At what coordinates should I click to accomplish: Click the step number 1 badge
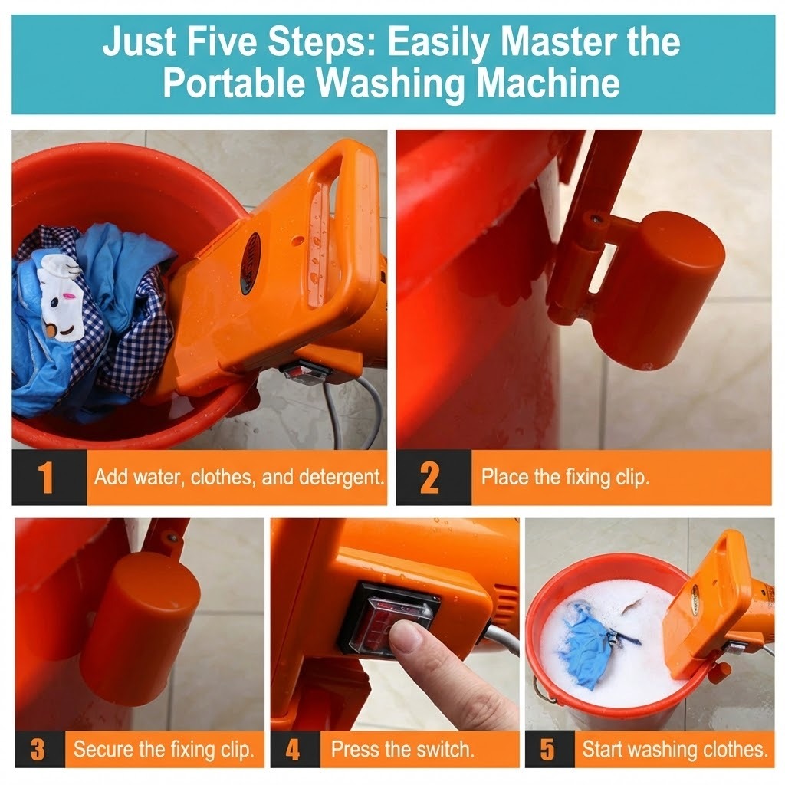(47, 478)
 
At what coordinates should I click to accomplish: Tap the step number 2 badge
(430, 478)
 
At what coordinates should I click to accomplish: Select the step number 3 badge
(38, 748)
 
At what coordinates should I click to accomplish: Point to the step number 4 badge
(293, 748)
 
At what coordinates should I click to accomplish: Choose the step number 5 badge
(547, 748)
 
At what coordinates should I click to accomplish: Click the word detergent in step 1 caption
(341, 478)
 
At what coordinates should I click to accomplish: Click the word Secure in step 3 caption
(103, 748)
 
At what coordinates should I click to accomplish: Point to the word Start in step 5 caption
(602, 748)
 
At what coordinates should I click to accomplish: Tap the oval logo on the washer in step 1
(250, 263)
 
